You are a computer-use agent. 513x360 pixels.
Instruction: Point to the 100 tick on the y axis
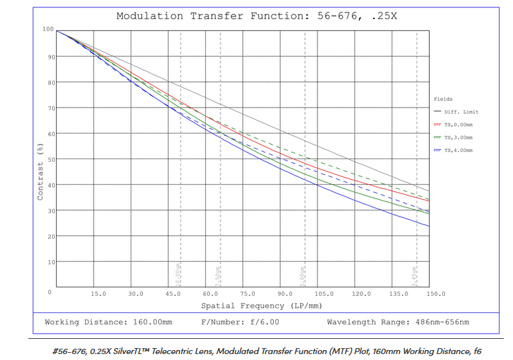[48, 29]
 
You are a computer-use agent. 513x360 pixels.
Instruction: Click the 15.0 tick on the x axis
[98, 293]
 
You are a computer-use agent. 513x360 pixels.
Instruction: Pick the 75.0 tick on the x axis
[248, 293]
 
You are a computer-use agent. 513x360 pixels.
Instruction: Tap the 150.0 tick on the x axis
[436, 293]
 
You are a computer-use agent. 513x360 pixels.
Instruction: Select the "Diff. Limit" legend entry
[462, 112]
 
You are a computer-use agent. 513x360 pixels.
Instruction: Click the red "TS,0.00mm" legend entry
[458, 124]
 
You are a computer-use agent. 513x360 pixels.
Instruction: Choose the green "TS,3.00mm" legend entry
[458, 137]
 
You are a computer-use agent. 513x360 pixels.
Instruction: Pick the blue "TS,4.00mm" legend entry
[458, 151]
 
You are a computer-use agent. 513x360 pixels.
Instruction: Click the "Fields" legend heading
[443, 99]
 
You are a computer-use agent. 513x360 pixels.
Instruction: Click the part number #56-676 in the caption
[71, 351]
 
